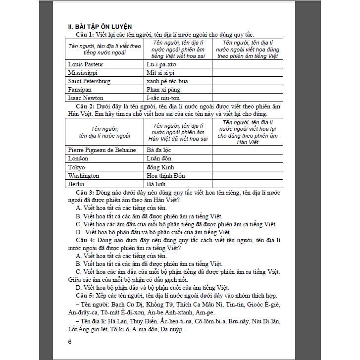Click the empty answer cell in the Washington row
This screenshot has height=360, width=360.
[247, 175]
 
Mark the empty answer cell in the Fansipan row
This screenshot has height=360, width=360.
[247, 90]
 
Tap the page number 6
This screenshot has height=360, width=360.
[70, 342]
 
